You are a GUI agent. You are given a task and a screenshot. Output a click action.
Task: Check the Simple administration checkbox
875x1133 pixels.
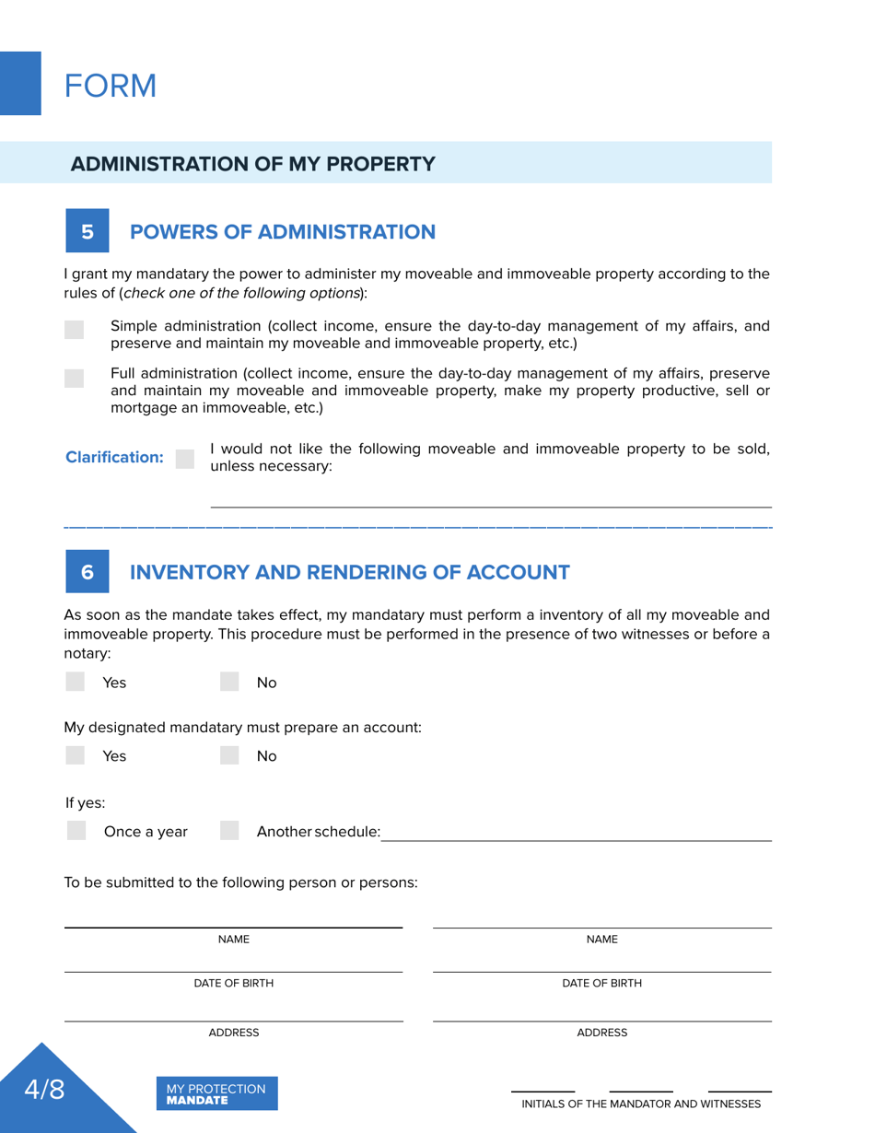75,330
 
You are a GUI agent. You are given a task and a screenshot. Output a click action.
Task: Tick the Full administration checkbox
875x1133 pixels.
75,378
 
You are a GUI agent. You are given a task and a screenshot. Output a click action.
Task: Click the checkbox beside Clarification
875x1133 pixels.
185,458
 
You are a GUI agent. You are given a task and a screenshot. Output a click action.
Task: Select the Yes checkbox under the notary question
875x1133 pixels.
76,682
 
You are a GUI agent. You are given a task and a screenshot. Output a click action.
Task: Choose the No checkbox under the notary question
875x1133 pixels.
230,682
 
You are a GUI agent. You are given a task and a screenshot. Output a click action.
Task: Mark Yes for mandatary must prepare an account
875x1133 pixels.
76,755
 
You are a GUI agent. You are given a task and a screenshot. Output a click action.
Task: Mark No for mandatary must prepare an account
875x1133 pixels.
230,755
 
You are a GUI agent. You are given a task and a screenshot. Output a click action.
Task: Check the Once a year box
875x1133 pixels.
77,831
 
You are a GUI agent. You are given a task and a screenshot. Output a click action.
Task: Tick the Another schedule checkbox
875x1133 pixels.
230,831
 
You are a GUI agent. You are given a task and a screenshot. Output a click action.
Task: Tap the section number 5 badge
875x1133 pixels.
87,231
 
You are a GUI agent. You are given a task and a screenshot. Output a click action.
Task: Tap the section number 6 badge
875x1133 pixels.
87,572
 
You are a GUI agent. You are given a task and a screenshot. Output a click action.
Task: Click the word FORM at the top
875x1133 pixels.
111,87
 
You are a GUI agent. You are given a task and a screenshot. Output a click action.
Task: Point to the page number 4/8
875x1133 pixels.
44,1090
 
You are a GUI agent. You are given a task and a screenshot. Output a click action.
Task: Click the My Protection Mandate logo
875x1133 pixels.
216,1093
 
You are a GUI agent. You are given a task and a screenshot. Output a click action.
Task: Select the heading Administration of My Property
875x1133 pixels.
253,164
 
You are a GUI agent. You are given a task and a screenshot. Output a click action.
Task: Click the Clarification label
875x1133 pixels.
115,458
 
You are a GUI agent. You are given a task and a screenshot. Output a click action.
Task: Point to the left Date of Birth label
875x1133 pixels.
233,983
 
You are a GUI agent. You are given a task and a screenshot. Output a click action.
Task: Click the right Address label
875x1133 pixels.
601,1033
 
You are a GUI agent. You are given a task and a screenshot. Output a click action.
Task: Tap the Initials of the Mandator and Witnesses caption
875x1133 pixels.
641,1104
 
